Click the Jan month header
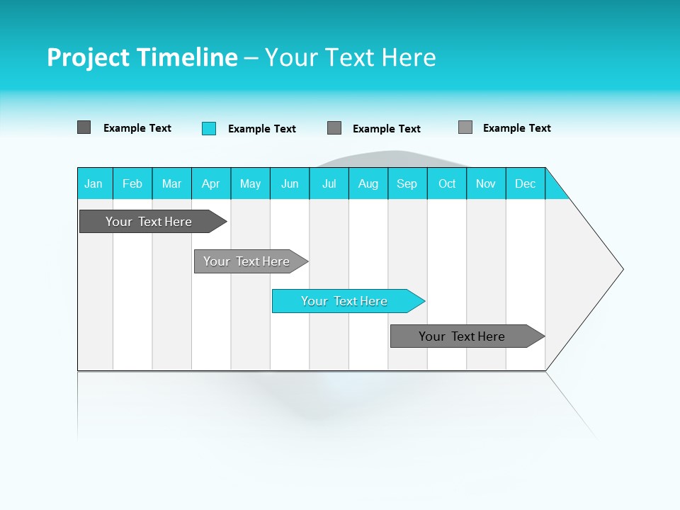94,183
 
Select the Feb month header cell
132,183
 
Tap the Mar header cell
171,183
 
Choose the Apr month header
211,183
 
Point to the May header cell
250,183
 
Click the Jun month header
290,183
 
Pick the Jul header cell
329,183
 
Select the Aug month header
368,183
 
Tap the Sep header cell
407,183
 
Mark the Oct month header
447,183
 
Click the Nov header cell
486,183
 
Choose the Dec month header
526,183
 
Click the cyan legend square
209,128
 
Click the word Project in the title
88,57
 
